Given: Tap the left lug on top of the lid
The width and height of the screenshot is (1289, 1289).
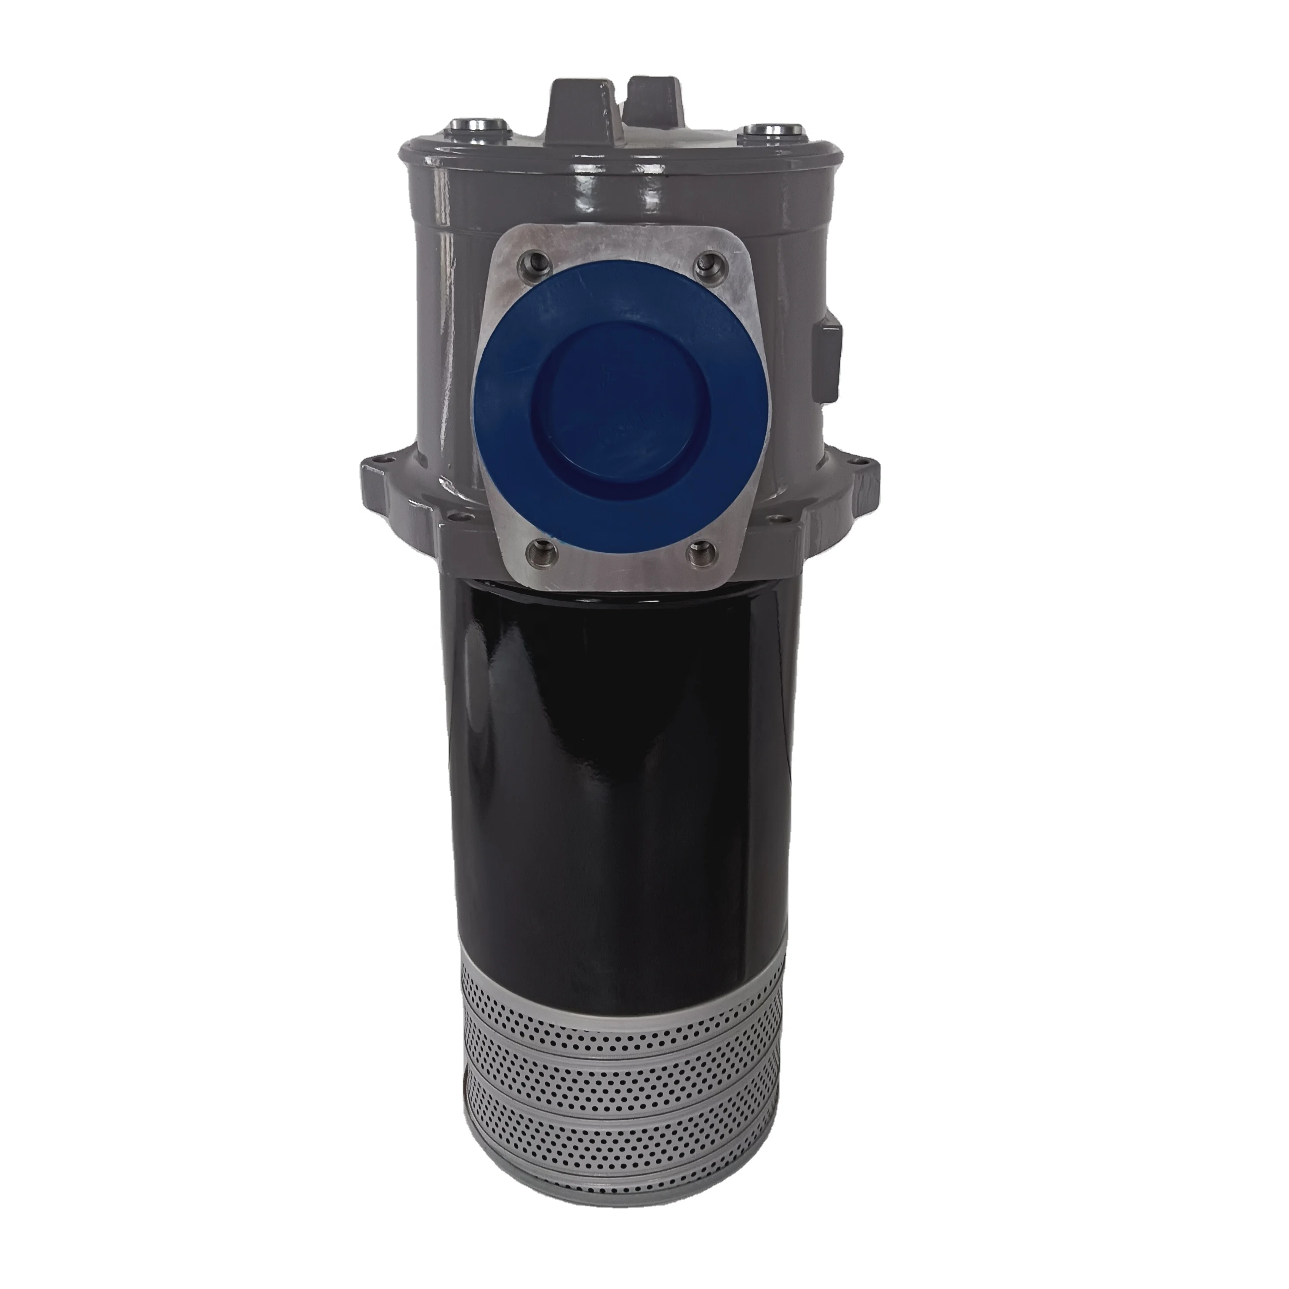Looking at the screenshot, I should pyautogui.click(x=578, y=107).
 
